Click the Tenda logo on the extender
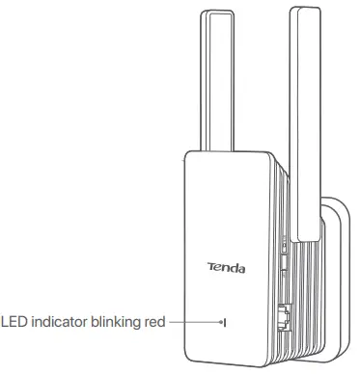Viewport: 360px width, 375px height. point(226,266)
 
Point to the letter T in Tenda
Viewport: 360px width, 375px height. point(210,266)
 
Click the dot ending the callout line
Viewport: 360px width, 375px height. point(221,323)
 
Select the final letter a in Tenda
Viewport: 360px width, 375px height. point(241,267)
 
